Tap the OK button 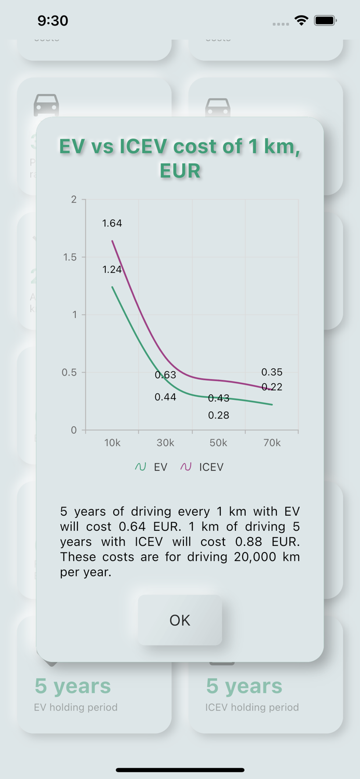tap(180, 620)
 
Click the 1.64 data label tap(112, 223)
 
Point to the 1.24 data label tap(112, 269)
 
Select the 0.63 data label tap(166, 375)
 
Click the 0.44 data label tap(166, 397)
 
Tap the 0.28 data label tap(219, 415)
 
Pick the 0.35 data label tap(272, 372)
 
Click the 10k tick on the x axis tap(112, 443)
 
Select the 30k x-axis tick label tap(166, 443)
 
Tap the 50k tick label tap(219, 443)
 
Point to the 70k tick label tap(272, 443)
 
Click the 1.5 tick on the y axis tap(70, 257)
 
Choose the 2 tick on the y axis tap(74, 200)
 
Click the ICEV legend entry tap(202, 467)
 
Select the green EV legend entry tap(151, 467)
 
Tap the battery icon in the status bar tap(326, 21)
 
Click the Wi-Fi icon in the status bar tap(301, 21)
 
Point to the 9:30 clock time tap(53, 21)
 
